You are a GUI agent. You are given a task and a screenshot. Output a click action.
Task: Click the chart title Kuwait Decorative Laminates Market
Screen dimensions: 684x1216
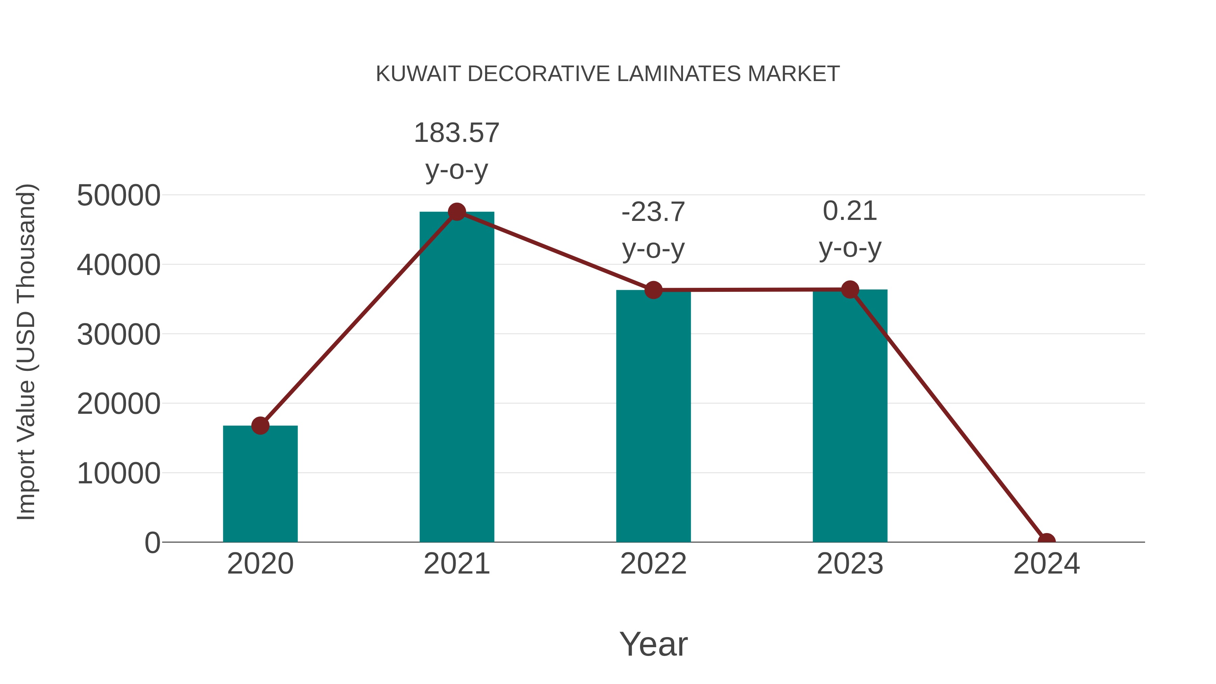(x=608, y=74)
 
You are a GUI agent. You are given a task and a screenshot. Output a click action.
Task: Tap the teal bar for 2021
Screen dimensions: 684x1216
(x=456, y=378)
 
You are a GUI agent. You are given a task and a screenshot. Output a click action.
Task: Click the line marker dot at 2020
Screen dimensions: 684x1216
(x=260, y=426)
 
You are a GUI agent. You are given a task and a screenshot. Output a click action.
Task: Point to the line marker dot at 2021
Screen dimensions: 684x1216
(x=456, y=212)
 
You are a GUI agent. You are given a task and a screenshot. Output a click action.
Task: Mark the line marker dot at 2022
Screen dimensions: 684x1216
(x=653, y=290)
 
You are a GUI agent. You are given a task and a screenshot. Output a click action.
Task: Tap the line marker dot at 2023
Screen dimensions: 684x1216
(x=850, y=289)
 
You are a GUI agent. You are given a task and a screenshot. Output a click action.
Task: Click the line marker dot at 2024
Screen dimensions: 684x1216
(x=1046, y=541)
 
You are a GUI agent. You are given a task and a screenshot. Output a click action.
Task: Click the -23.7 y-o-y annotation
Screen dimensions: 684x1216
(x=653, y=230)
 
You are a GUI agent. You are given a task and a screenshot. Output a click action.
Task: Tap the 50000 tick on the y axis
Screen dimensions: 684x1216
(x=119, y=196)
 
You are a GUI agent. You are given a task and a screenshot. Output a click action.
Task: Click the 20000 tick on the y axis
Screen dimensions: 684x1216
(x=119, y=404)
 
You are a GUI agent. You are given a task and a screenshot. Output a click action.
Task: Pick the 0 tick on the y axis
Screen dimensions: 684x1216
(x=152, y=543)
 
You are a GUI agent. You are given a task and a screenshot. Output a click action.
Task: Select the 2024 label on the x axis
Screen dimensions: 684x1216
(x=1046, y=564)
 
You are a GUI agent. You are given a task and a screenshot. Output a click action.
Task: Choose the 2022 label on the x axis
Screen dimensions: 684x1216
(x=653, y=564)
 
